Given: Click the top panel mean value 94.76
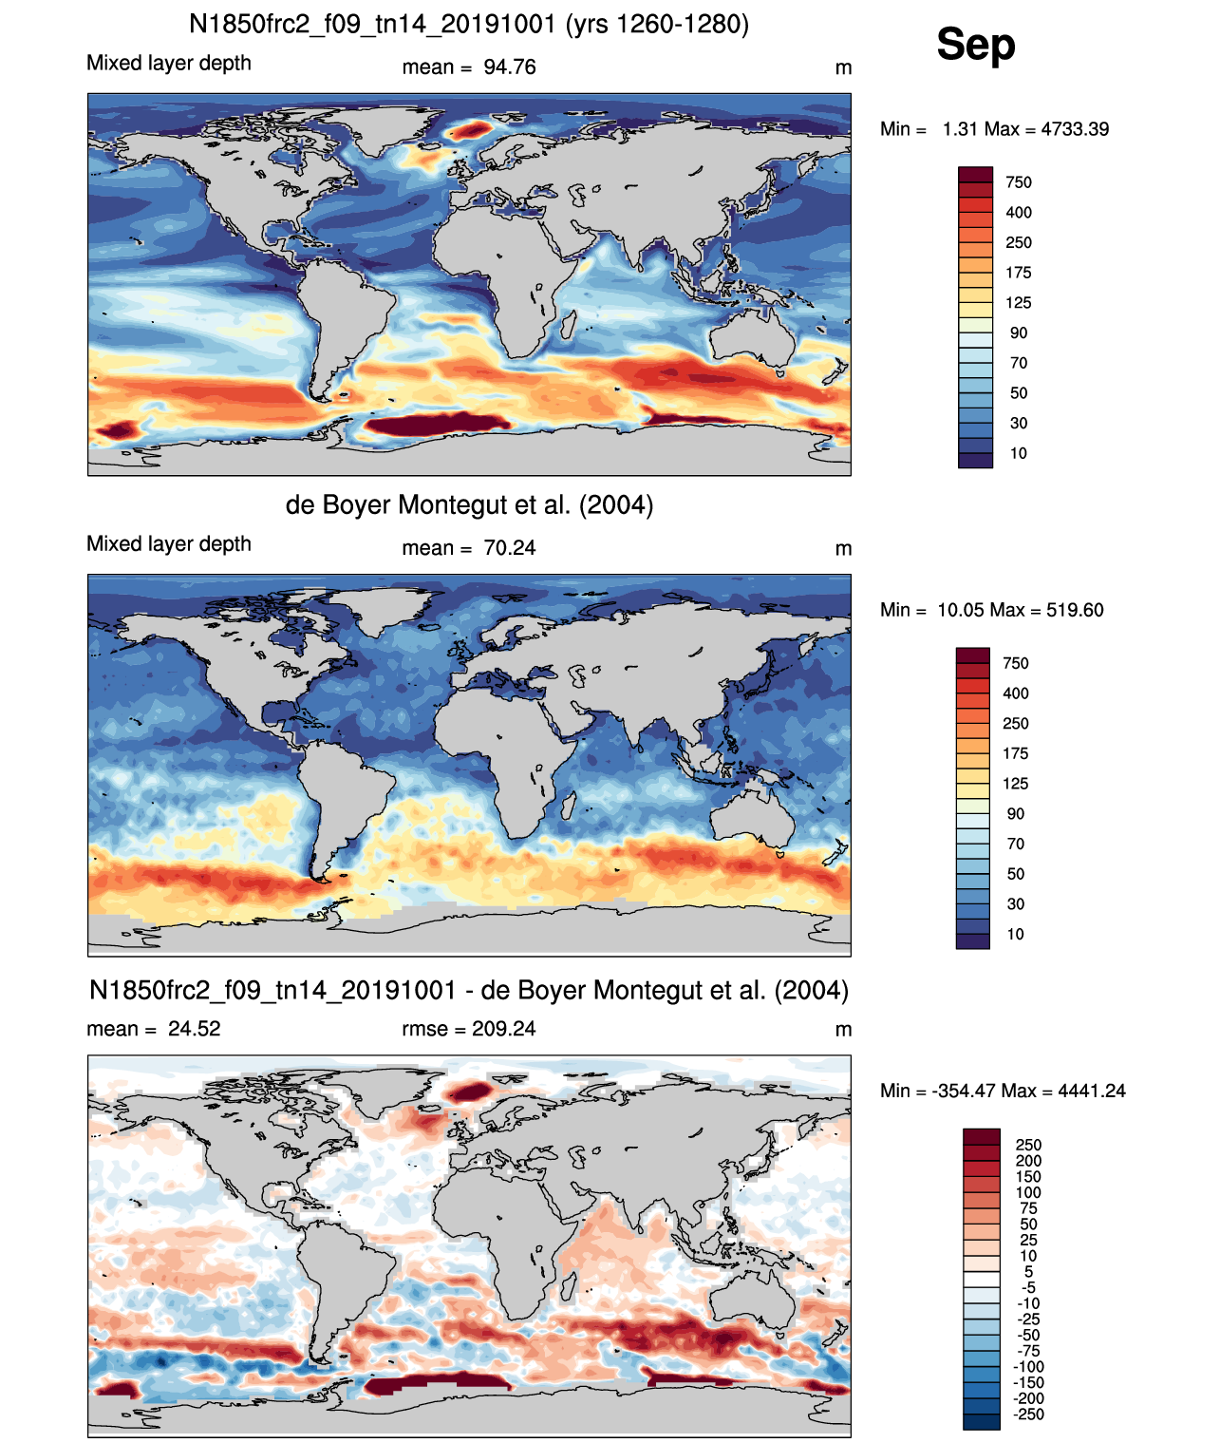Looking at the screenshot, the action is [509, 67].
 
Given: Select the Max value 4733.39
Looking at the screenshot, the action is [1074, 129].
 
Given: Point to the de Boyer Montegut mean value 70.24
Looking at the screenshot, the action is [509, 548].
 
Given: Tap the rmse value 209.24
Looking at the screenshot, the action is [503, 1028].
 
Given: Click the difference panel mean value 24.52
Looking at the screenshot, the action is [194, 1028].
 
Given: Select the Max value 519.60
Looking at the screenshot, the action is [1075, 610].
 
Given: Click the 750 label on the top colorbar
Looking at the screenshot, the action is [1019, 182].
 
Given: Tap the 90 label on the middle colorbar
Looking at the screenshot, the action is [1016, 813].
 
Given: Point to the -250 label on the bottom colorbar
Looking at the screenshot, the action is [1029, 1415].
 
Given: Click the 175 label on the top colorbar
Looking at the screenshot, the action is [1019, 273].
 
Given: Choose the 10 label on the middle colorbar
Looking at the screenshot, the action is [1016, 934].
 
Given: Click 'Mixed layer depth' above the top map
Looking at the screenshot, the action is [169, 63].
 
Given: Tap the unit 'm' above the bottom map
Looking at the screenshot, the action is [843, 1029].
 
